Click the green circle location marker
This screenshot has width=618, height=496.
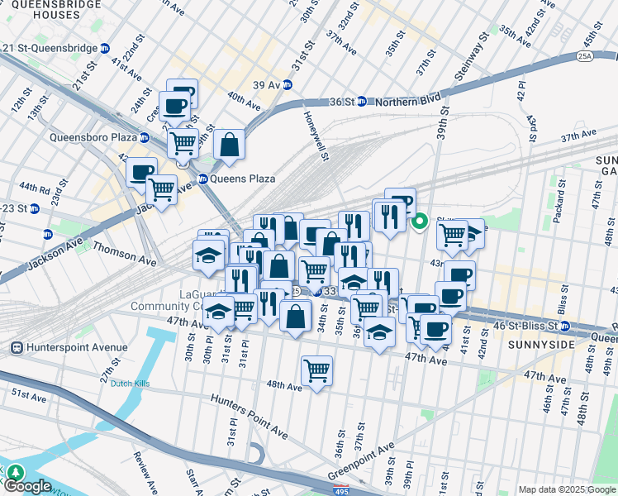click(x=420, y=221)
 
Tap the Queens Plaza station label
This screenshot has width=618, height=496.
click(x=242, y=179)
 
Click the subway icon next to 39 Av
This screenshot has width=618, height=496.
click(x=287, y=85)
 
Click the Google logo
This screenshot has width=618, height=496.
click(x=26, y=486)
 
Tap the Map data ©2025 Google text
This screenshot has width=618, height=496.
click(x=566, y=489)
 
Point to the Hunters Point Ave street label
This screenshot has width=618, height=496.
click(x=249, y=416)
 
